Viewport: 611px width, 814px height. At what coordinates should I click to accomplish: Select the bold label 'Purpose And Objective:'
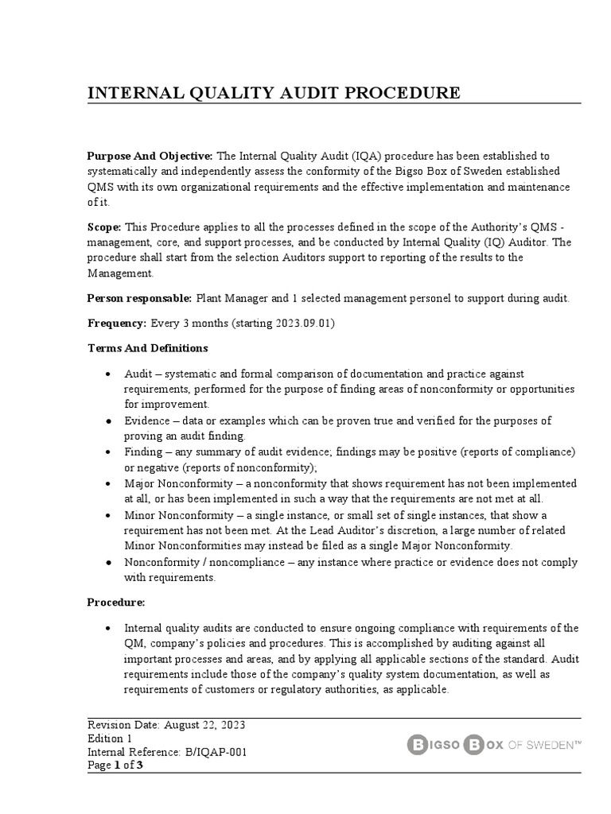[x=150, y=156]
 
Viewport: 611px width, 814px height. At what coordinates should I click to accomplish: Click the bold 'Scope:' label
[x=103, y=227]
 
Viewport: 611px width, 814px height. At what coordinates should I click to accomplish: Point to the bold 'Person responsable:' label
[x=139, y=297]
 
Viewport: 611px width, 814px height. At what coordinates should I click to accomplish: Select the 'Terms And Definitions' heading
[x=147, y=347]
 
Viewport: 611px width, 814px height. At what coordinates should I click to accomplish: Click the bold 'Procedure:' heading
[x=116, y=602]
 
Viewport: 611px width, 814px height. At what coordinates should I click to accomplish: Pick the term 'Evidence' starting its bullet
[x=147, y=421]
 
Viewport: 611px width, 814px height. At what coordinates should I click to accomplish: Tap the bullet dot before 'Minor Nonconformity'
[x=107, y=515]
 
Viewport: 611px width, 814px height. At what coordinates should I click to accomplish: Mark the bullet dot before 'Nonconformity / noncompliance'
[x=107, y=563]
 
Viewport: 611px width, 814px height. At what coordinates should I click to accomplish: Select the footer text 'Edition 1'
[x=110, y=738]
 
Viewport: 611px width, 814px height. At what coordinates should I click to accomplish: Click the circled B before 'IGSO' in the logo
[x=418, y=745]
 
